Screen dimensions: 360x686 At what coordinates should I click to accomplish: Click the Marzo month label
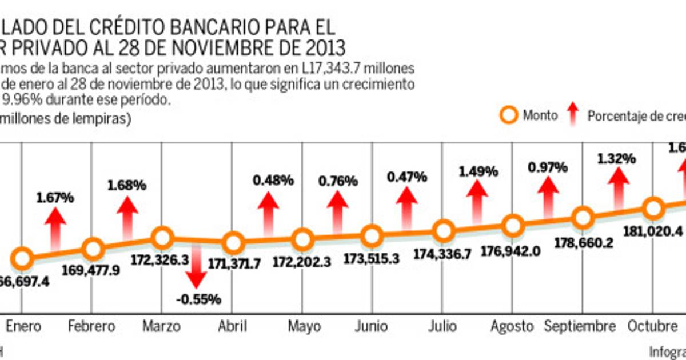click(x=162, y=326)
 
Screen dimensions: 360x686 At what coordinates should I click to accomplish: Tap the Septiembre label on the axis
click(x=580, y=326)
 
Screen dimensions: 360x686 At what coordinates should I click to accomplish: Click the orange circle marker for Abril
click(x=233, y=243)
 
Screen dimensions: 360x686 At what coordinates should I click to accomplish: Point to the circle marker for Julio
click(x=443, y=232)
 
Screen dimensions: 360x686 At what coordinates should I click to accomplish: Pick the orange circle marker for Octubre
click(x=653, y=209)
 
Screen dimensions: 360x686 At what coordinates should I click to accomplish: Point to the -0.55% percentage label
click(x=197, y=299)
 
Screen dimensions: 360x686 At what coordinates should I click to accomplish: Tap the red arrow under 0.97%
click(x=548, y=197)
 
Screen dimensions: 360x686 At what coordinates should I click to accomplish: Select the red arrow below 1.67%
click(x=55, y=229)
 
